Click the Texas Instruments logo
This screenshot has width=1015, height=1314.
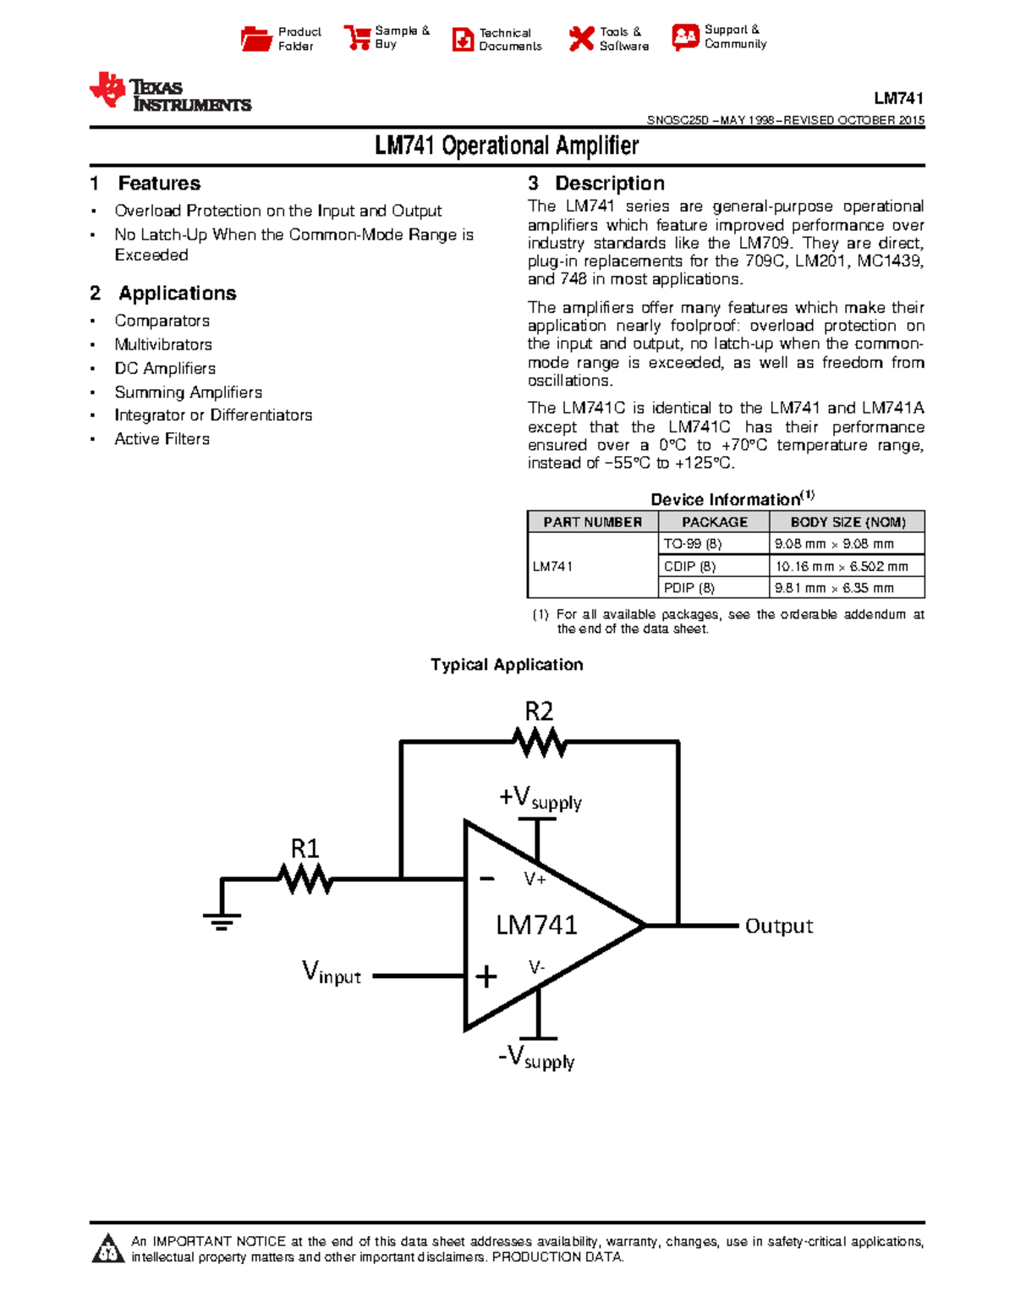(x=170, y=92)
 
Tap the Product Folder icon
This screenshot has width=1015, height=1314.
(x=256, y=39)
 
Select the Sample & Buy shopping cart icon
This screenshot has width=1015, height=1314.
(x=356, y=37)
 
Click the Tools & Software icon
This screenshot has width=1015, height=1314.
(x=581, y=38)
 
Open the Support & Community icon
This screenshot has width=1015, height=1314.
(x=685, y=36)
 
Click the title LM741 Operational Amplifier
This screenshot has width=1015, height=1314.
(x=507, y=146)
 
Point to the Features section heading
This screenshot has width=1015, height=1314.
(x=159, y=184)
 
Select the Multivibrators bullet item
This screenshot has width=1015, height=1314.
(x=163, y=344)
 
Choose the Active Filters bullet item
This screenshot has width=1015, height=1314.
(x=162, y=439)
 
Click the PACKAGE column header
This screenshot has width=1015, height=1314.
(x=715, y=522)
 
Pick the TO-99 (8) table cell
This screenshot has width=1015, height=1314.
(x=693, y=544)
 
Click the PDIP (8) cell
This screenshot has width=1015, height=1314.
(x=689, y=588)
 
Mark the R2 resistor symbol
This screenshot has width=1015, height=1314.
(x=540, y=743)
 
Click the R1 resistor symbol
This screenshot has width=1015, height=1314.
(x=305, y=880)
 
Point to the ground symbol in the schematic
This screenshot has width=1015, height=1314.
(x=222, y=920)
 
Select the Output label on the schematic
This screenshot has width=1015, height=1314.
(x=778, y=926)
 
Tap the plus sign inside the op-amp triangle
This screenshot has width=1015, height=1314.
(x=486, y=977)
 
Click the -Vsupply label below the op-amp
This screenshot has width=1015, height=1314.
(x=536, y=1058)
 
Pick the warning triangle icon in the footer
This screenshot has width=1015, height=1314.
(x=108, y=1249)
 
